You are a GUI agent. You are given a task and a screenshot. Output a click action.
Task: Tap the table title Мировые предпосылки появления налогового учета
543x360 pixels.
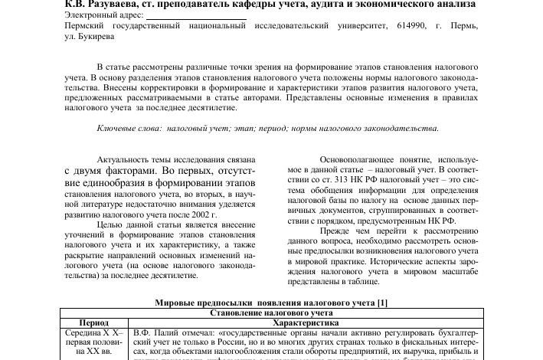click(x=260, y=303)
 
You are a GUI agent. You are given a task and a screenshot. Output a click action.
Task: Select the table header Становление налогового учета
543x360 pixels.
click(x=271, y=313)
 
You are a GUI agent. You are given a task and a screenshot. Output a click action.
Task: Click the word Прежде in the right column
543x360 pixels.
click(x=336, y=231)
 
